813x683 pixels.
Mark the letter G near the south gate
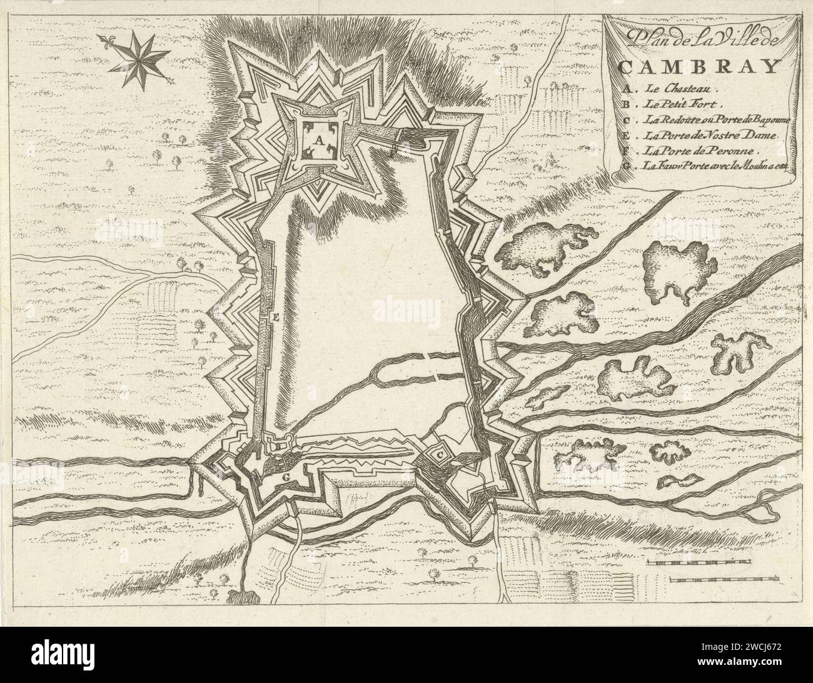coord(286,477)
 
